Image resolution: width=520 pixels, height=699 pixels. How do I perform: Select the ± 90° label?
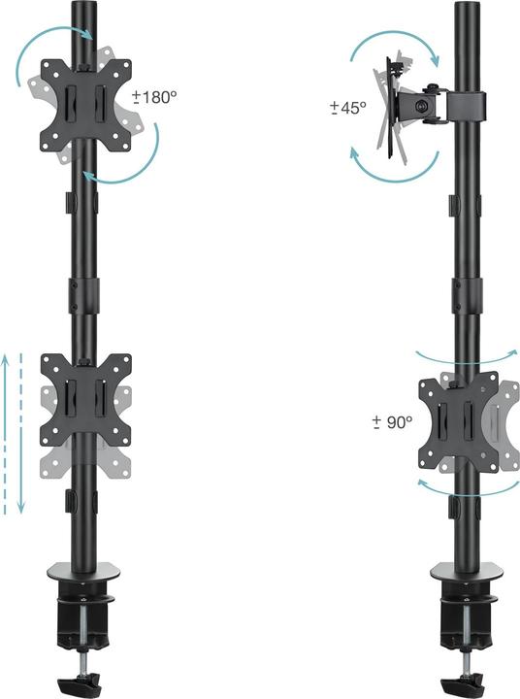pos(392,422)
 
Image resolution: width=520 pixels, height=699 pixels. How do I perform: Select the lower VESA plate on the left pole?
pos(85,399)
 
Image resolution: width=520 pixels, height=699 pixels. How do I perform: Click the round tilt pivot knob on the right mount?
pos(420,104)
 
